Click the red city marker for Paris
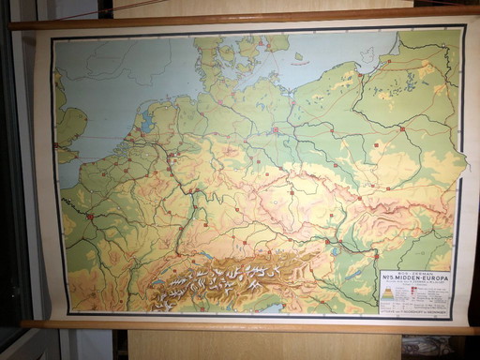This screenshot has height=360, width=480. click(x=90, y=217)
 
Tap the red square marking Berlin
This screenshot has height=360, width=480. click(x=275, y=130)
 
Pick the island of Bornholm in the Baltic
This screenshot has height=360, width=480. click(x=299, y=56)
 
